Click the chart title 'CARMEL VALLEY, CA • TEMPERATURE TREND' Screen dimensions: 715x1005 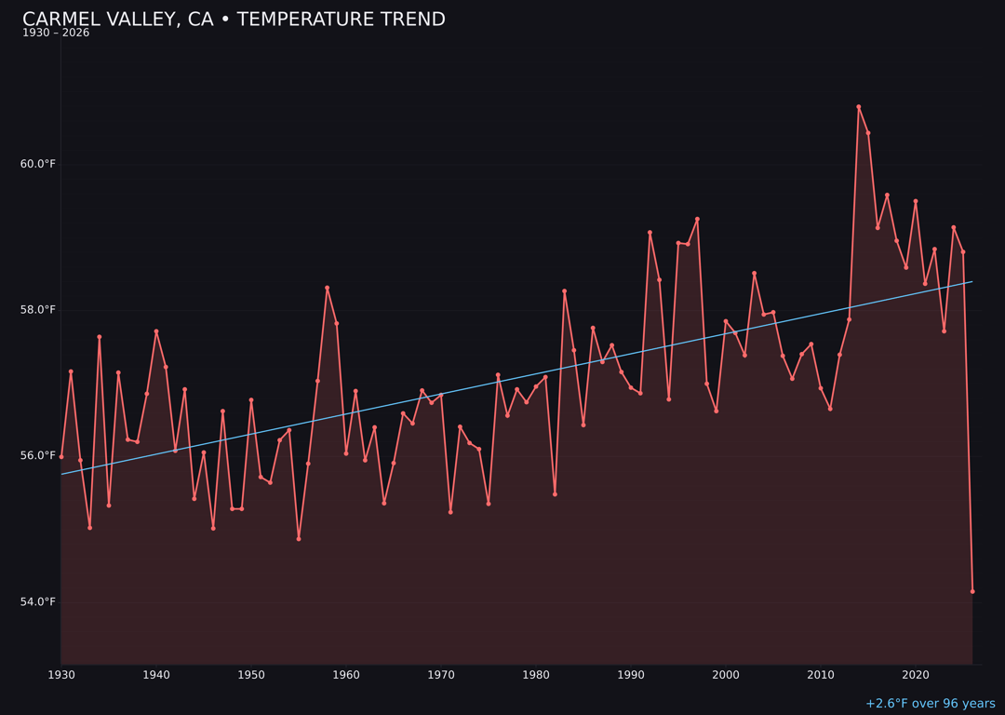[x=234, y=20]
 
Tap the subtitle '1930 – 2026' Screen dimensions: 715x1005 [x=56, y=34]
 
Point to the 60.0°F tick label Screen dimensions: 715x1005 [x=38, y=165]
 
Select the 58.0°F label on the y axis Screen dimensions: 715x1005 [x=38, y=310]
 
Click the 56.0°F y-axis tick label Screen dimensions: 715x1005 [x=38, y=456]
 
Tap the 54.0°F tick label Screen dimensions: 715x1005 [x=38, y=602]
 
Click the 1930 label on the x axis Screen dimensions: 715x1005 [x=61, y=675]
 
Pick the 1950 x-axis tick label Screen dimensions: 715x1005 [x=251, y=675]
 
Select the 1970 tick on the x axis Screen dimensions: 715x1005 [x=441, y=675]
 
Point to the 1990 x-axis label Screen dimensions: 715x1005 [x=631, y=675]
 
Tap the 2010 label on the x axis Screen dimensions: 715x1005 [x=821, y=675]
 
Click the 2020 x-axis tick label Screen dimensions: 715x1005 [x=916, y=675]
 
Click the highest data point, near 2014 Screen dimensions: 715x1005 [x=858, y=107]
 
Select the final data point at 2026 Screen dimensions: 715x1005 [x=972, y=591]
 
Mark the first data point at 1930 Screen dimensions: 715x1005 [x=61, y=457]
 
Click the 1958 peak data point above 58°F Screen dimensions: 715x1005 [x=327, y=288]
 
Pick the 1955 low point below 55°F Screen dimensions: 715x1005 [x=299, y=539]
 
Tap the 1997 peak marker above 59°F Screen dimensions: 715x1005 [x=697, y=219]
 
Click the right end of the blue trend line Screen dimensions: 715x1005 [x=972, y=281]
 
